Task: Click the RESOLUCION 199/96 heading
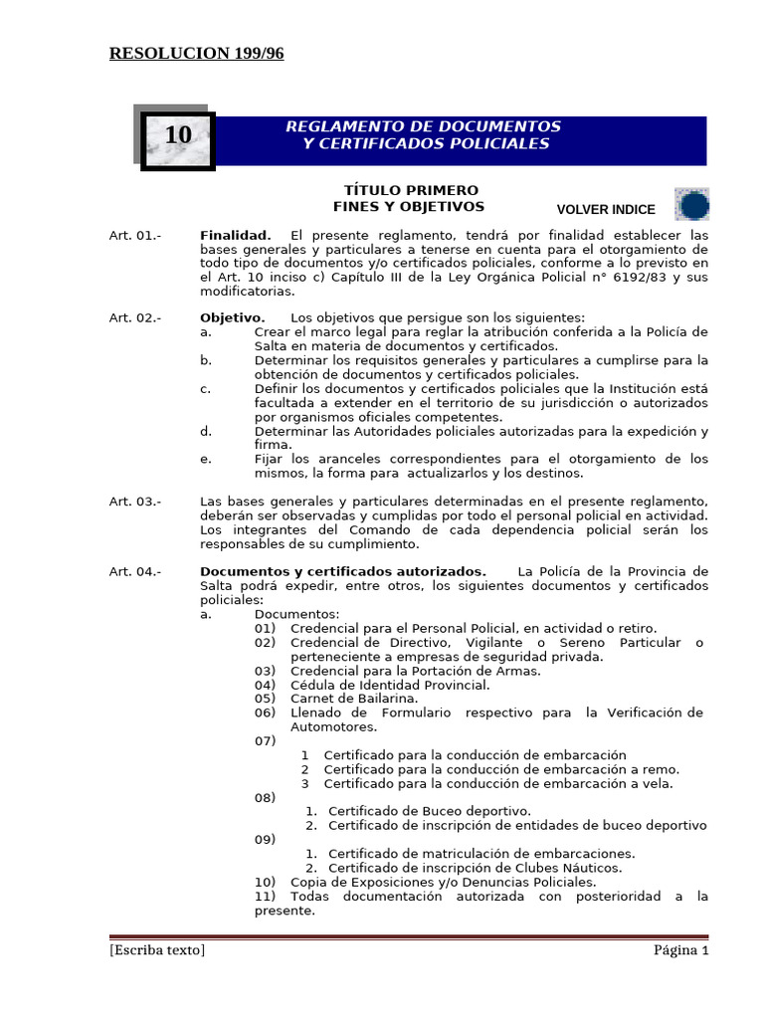[x=196, y=54]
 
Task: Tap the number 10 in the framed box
[x=178, y=135]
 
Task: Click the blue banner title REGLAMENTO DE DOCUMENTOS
[x=423, y=126]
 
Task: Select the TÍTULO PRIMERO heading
[x=411, y=190]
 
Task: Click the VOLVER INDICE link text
[x=606, y=210]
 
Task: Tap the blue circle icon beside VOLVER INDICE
[x=692, y=205]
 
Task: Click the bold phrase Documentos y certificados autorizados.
[x=342, y=571]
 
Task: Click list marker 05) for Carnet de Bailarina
[x=265, y=699]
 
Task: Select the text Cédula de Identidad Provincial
[x=390, y=685]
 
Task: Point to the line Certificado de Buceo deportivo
[x=429, y=811]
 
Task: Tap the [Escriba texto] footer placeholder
[x=157, y=950]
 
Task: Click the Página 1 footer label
[x=680, y=950]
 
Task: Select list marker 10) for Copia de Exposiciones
[x=265, y=882]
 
